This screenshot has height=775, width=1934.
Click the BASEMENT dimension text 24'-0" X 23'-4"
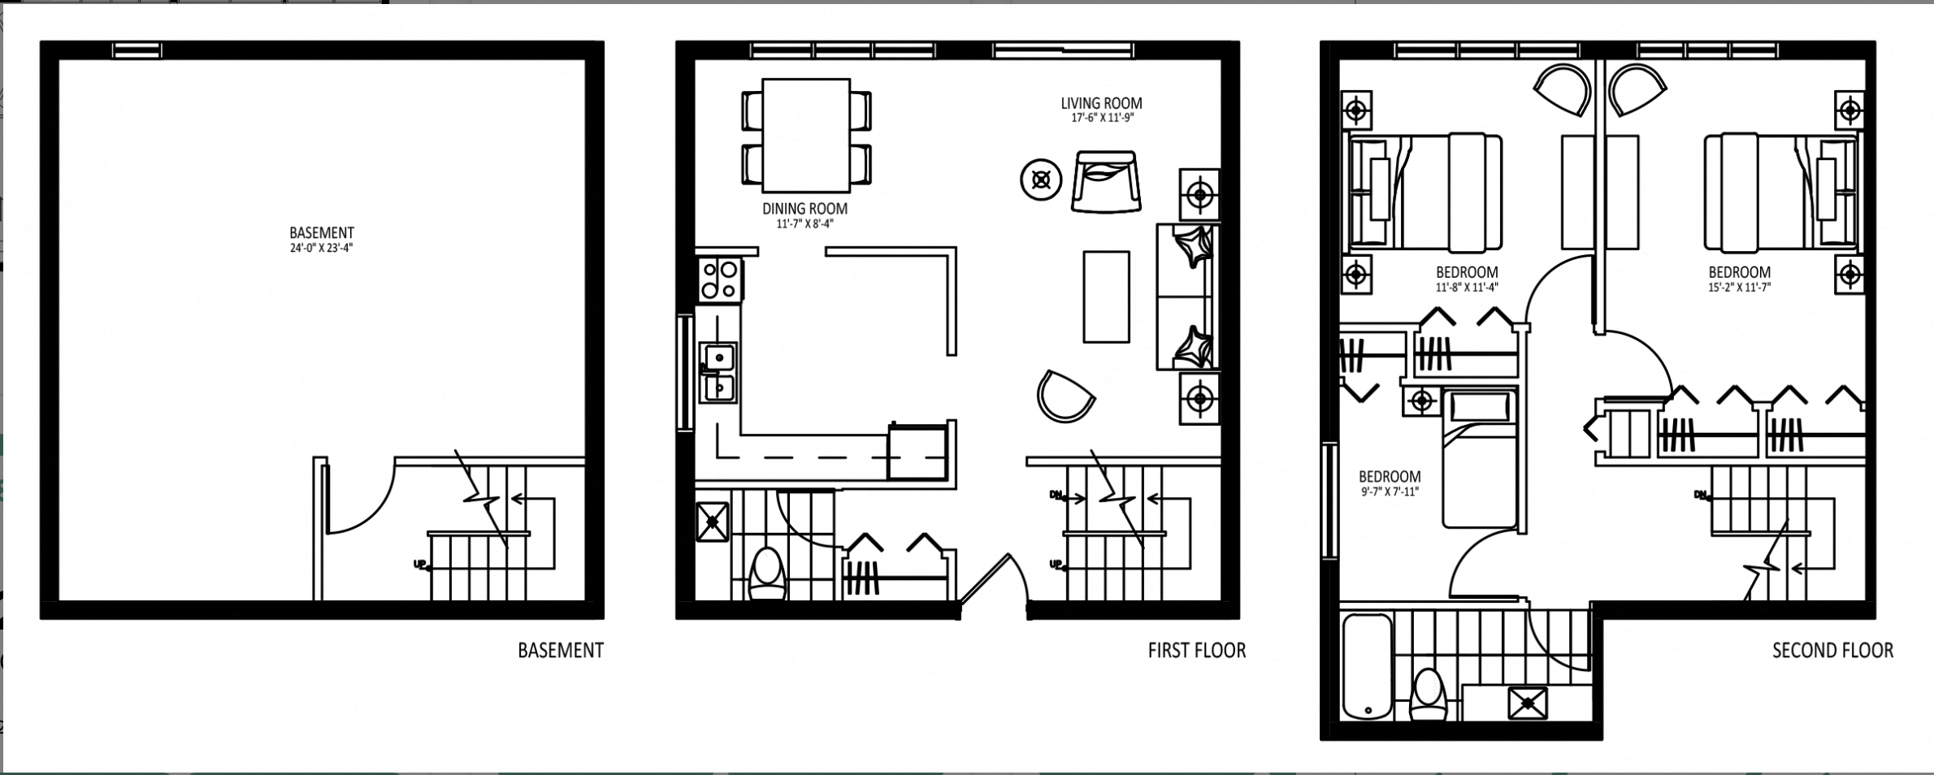pyautogui.click(x=322, y=249)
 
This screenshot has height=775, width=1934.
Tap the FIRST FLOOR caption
pyautogui.click(x=1196, y=651)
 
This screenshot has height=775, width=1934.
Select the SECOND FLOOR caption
pyautogui.click(x=1832, y=651)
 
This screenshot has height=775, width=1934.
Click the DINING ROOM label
pyautogui.click(x=804, y=209)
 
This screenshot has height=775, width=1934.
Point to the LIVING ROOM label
pyautogui.click(x=1101, y=103)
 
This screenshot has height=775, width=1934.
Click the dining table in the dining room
pyautogui.click(x=806, y=132)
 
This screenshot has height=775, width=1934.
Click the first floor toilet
pyautogui.click(x=767, y=575)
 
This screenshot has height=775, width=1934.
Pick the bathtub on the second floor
pyautogui.click(x=1368, y=667)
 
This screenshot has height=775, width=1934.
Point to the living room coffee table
pyautogui.click(x=1106, y=297)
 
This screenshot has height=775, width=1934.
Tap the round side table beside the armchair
pyautogui.click(x=1041, y=180)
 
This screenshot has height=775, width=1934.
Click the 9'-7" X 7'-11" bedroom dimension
pyautogui.click(x=1389, y=491)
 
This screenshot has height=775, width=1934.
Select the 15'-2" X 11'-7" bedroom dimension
pyautogui.click(x=1739, y=287)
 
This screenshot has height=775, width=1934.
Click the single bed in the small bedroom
pyautogui.click(x=1479, y=459)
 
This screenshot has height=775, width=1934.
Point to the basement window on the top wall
pyautogui.click(x=137, y=50)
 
